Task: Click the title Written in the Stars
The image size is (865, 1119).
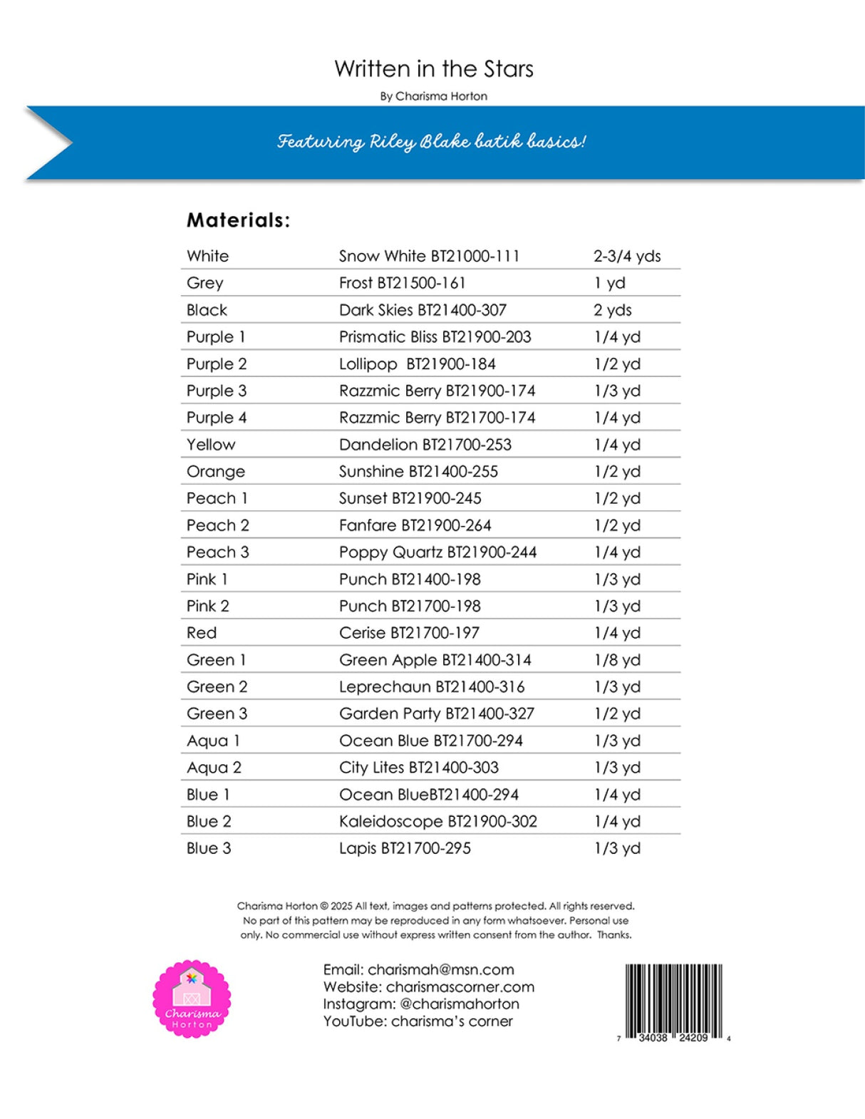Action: tap(433, 69)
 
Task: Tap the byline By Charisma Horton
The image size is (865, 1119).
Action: tap(433, 96)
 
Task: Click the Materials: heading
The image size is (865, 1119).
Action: tap(238, 220)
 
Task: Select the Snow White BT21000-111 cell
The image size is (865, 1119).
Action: tap(429, 256)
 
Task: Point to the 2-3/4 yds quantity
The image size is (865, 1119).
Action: tap(626, 256)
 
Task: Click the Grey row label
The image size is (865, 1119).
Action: tap(205, 283)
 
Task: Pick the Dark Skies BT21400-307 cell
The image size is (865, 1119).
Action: tap(423, 310)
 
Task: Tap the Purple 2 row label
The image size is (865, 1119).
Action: tap(217, 363)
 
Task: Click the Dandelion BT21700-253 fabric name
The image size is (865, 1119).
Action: tap(425, 445)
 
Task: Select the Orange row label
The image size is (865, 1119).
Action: tap(215, 472)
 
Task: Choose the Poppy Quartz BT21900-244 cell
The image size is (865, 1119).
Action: tap(437, 552)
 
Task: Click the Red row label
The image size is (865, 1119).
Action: tap(202, 633)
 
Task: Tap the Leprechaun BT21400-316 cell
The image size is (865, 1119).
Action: tap(431, 687)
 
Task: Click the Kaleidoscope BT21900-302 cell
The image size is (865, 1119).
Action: tap(437, 821)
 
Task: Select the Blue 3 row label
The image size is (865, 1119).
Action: tap(209, 848)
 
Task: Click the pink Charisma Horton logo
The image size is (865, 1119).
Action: tap(192, 999)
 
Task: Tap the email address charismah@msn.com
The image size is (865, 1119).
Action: tap(440, 969)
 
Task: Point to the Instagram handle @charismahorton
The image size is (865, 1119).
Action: tap(459, 1004)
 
